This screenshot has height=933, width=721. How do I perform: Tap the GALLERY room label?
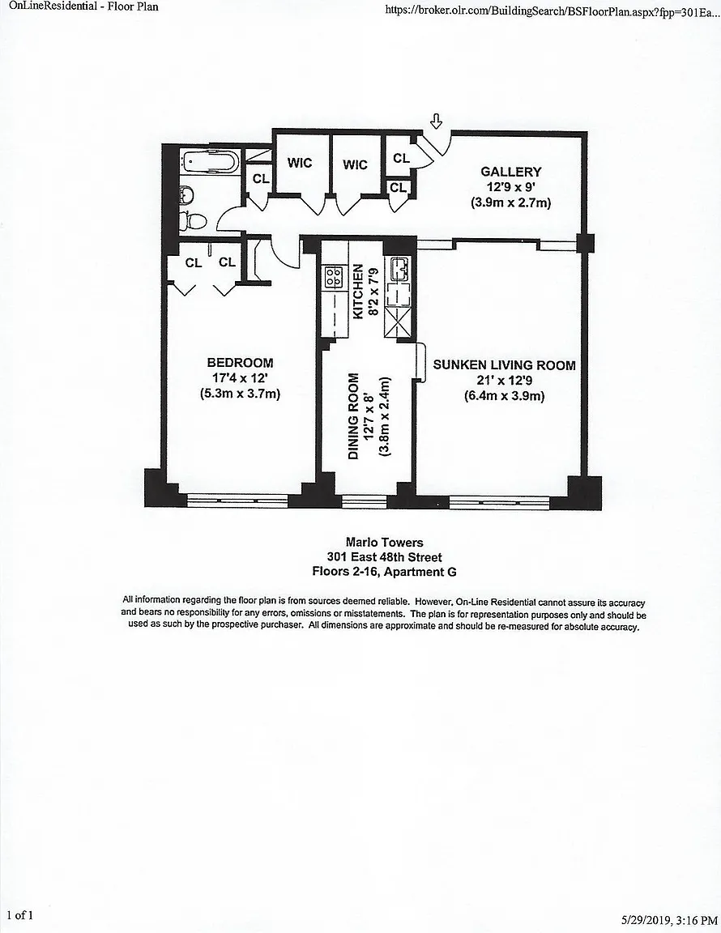pos(511,172)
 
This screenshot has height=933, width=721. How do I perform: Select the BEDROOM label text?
pos(240,362)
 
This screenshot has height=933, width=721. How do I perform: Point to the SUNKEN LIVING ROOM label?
pos(504,364)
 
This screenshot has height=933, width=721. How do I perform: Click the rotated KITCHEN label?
pos(358,292)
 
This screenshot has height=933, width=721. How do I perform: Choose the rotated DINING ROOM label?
pos(354,416)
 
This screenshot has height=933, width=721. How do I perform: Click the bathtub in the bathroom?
pos(210,162)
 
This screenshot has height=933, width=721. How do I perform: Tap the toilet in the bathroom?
pos(194,221)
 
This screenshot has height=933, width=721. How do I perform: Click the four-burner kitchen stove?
pos(334,277)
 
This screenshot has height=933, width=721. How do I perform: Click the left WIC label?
pos(300,163)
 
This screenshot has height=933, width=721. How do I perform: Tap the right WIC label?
pos(355,164)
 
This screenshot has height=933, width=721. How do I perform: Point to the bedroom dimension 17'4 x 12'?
pos(241,378)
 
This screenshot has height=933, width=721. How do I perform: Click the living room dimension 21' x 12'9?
pos(504,380)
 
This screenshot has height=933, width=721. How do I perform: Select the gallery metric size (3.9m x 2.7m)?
pos(511,202)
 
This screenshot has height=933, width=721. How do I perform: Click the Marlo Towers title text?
pos(385,542)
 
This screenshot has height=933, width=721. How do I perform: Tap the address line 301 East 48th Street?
pos(385,557)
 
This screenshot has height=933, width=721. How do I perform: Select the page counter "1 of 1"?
pos(20,915)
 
